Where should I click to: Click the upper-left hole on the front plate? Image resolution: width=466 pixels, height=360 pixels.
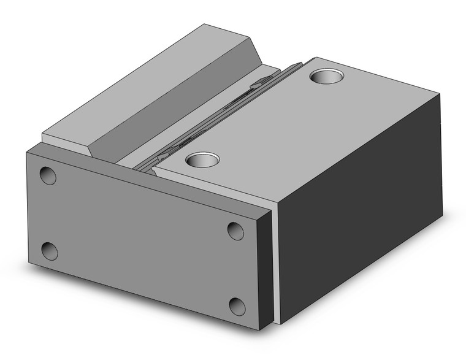48,175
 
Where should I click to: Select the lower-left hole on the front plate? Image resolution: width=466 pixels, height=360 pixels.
50,251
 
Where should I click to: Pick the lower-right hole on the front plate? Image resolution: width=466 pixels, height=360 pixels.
237,305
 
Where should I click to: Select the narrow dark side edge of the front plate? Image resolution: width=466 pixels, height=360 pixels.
265,264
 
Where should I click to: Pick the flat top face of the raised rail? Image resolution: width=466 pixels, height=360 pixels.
141,74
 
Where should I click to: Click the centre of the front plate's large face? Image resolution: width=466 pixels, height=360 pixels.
141,239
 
